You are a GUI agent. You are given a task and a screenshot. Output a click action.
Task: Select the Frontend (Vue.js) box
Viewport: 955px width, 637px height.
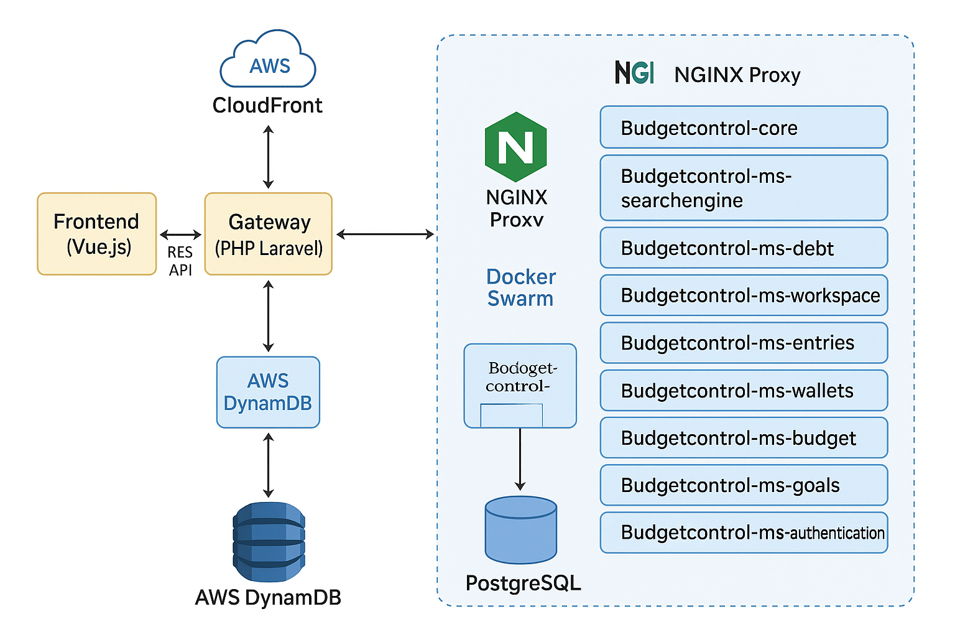[x=97, y=234]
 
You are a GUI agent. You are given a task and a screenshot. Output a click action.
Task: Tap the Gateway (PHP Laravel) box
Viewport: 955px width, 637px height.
[x=269, y=234]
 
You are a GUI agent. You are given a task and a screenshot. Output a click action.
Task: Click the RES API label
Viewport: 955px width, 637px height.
[x=180, y=261]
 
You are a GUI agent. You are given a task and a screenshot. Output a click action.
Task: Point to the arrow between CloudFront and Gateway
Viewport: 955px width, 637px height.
[x=268, y=157]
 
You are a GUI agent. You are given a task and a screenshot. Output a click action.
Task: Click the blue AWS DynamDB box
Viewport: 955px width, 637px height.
[x=268, y=392]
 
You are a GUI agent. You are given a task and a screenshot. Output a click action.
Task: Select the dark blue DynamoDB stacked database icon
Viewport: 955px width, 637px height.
[x=269, y=542]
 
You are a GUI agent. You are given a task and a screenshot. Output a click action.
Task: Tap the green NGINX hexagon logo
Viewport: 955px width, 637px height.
[x=515, y=147]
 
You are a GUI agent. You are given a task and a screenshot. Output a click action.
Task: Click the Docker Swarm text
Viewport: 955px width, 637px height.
[x=520, y=287]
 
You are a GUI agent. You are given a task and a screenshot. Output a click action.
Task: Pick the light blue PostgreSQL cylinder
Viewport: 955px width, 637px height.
[x=520, y=529]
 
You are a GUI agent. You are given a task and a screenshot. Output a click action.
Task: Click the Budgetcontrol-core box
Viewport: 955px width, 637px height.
[x=744, y=128]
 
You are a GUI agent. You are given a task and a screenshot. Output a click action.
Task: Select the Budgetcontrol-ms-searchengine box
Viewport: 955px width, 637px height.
[x=744, y=188]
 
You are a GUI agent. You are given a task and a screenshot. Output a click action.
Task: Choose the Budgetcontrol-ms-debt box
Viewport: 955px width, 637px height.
[x=744, y=248]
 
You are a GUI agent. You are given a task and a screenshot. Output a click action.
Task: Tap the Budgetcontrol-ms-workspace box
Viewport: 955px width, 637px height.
[x=744, y=295]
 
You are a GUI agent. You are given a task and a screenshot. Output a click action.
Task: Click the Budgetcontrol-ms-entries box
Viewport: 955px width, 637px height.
[x=744, y=343]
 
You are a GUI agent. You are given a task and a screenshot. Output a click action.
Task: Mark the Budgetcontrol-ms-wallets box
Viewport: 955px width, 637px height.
[x=744, y=391]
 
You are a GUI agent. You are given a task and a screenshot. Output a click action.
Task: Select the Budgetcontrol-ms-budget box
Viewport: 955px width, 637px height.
[x=744, y=438]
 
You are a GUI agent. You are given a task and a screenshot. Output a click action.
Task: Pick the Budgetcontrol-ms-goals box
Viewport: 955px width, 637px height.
[x=744, y=485]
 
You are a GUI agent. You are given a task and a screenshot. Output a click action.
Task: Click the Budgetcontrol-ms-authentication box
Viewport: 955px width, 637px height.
[x=744, y=532]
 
